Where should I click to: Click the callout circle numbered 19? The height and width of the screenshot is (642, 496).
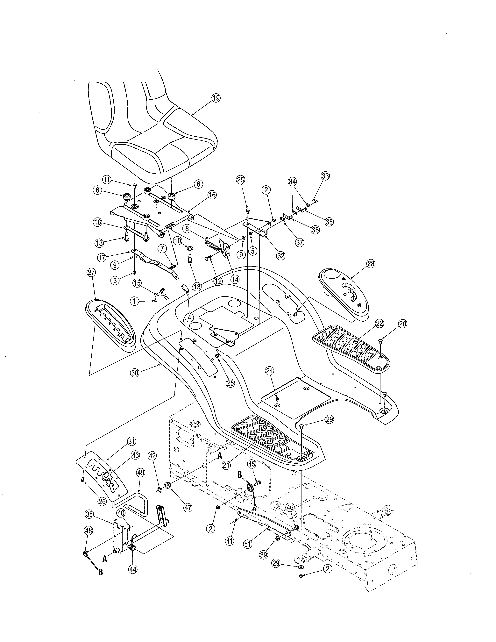click(x=216, y=98)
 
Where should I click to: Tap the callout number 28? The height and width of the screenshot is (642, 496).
click(x=371, y=264)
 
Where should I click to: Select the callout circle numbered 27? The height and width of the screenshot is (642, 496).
click(x=91, y=273)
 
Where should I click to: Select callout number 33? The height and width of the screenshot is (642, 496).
click(x=325, y=176)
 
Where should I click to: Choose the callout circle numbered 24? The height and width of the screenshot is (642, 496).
click(x=269, y=371)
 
